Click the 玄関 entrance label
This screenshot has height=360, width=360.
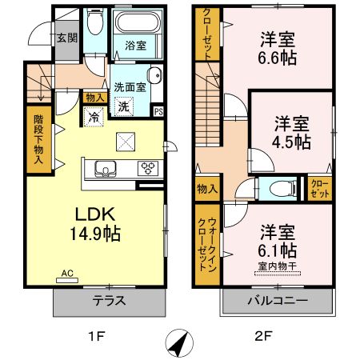(66, 37)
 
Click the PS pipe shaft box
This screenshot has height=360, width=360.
(158, 111)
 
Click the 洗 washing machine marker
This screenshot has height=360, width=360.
(123, 106)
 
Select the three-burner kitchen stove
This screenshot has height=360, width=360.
(148, 168)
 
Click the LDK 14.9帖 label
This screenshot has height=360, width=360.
(98, 224)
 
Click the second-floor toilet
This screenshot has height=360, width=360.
(275, 189)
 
